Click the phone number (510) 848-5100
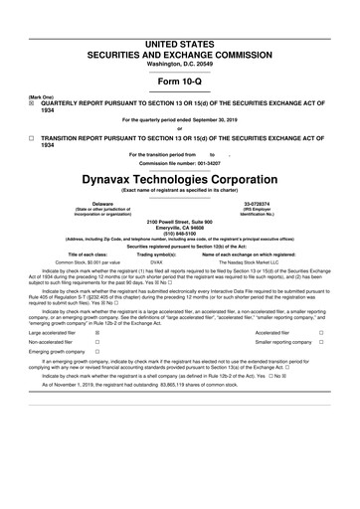[180, 231]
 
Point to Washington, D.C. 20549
[180, 35]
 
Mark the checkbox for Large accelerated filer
[96, 334]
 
